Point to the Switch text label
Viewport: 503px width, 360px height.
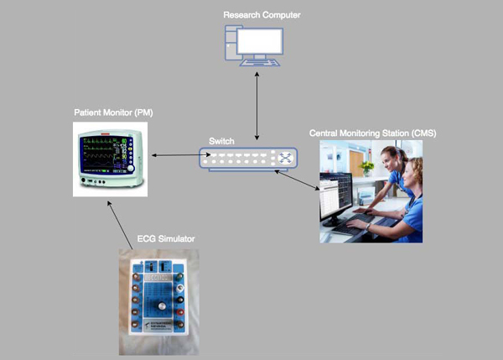point(221,142)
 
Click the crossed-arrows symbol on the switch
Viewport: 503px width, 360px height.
point(287,157)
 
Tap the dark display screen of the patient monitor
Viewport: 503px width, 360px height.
point(104,154)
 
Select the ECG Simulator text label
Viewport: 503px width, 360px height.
point(166,239)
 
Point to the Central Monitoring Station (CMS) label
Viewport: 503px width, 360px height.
point(372,133)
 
